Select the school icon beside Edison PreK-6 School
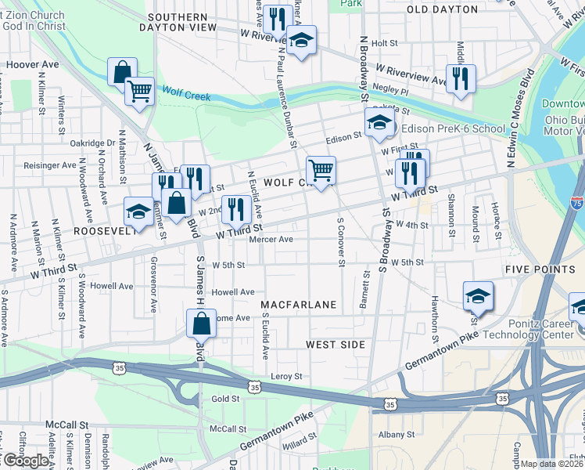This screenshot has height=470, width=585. (379, 123)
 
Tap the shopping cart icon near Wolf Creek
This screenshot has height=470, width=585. (139, 91)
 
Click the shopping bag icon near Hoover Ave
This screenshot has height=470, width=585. (123, 72)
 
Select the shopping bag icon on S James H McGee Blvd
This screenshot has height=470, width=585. (201, 323)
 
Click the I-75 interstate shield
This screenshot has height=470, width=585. (577, 203)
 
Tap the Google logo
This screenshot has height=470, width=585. (25, 461)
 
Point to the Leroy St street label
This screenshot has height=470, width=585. (286, 377)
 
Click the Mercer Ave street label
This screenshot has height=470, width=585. (271, 240)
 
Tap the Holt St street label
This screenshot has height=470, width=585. (385, 44)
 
